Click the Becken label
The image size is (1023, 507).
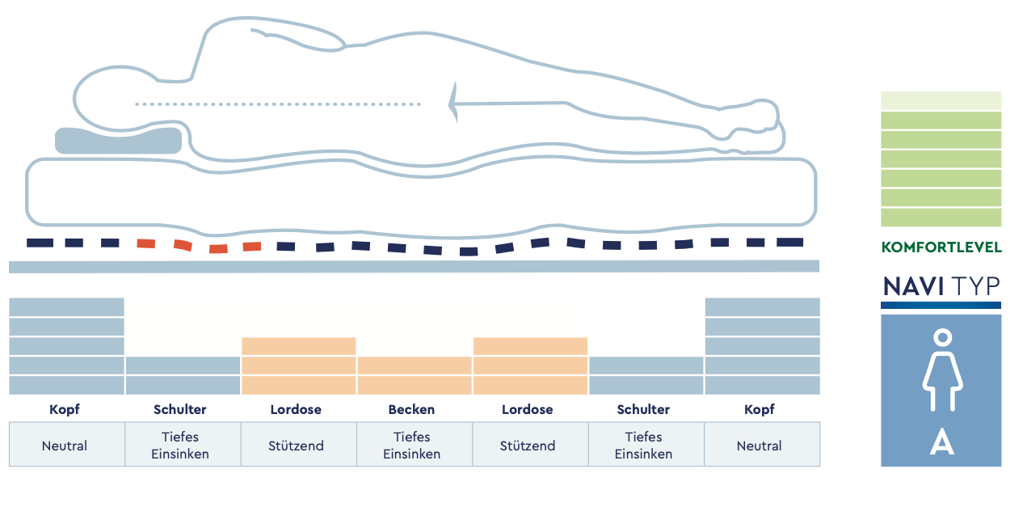[411, 409]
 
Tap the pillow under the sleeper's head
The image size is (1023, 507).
[118, 141]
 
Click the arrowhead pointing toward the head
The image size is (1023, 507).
[453, 104]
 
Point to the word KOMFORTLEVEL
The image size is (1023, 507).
[941, 247]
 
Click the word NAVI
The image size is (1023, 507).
[913, 287]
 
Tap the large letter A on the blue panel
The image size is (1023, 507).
[941, 442]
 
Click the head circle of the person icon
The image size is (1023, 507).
[943, 338]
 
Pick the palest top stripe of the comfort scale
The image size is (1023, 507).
[941, 100]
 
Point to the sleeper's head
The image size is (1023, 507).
[114, 99]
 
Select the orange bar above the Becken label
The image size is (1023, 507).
[415, 375]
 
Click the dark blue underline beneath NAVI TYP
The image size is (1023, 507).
[941, 305]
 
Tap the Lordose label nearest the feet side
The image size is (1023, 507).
[528, 409]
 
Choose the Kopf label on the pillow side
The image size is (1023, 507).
[65, 409]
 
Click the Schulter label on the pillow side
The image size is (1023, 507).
[180, 409]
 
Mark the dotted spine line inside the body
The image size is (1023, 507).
[278, 104]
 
